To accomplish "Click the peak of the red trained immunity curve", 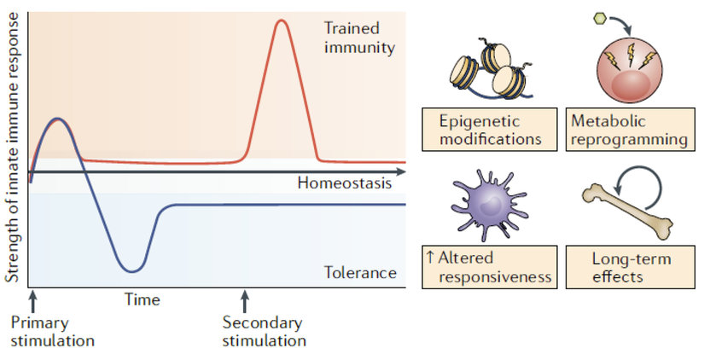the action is click(x=282, y=20).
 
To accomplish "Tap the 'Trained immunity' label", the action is click(x=359, y=38).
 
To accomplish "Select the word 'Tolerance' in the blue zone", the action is click(x=360, y=272).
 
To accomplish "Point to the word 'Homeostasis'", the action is click(x=345, y=183).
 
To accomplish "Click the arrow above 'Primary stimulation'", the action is click(x=32, y=302).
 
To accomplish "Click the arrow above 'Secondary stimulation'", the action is click(x=244, y=302).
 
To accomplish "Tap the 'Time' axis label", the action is click(x=143, y=299).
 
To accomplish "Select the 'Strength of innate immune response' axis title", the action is click(x=12, y=148).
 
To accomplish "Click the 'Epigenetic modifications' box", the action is click(x=490, y=130).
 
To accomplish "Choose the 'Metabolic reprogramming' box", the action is click(x=630, y=130).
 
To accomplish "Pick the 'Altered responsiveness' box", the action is click(x=490, y=267).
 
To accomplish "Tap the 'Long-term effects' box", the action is click(x=630, y=267).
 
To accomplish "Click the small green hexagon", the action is click(x=600, y=19).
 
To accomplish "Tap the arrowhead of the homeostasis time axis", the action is click(x=400, y=172).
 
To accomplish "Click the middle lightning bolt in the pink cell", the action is click(x=631, y=55).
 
